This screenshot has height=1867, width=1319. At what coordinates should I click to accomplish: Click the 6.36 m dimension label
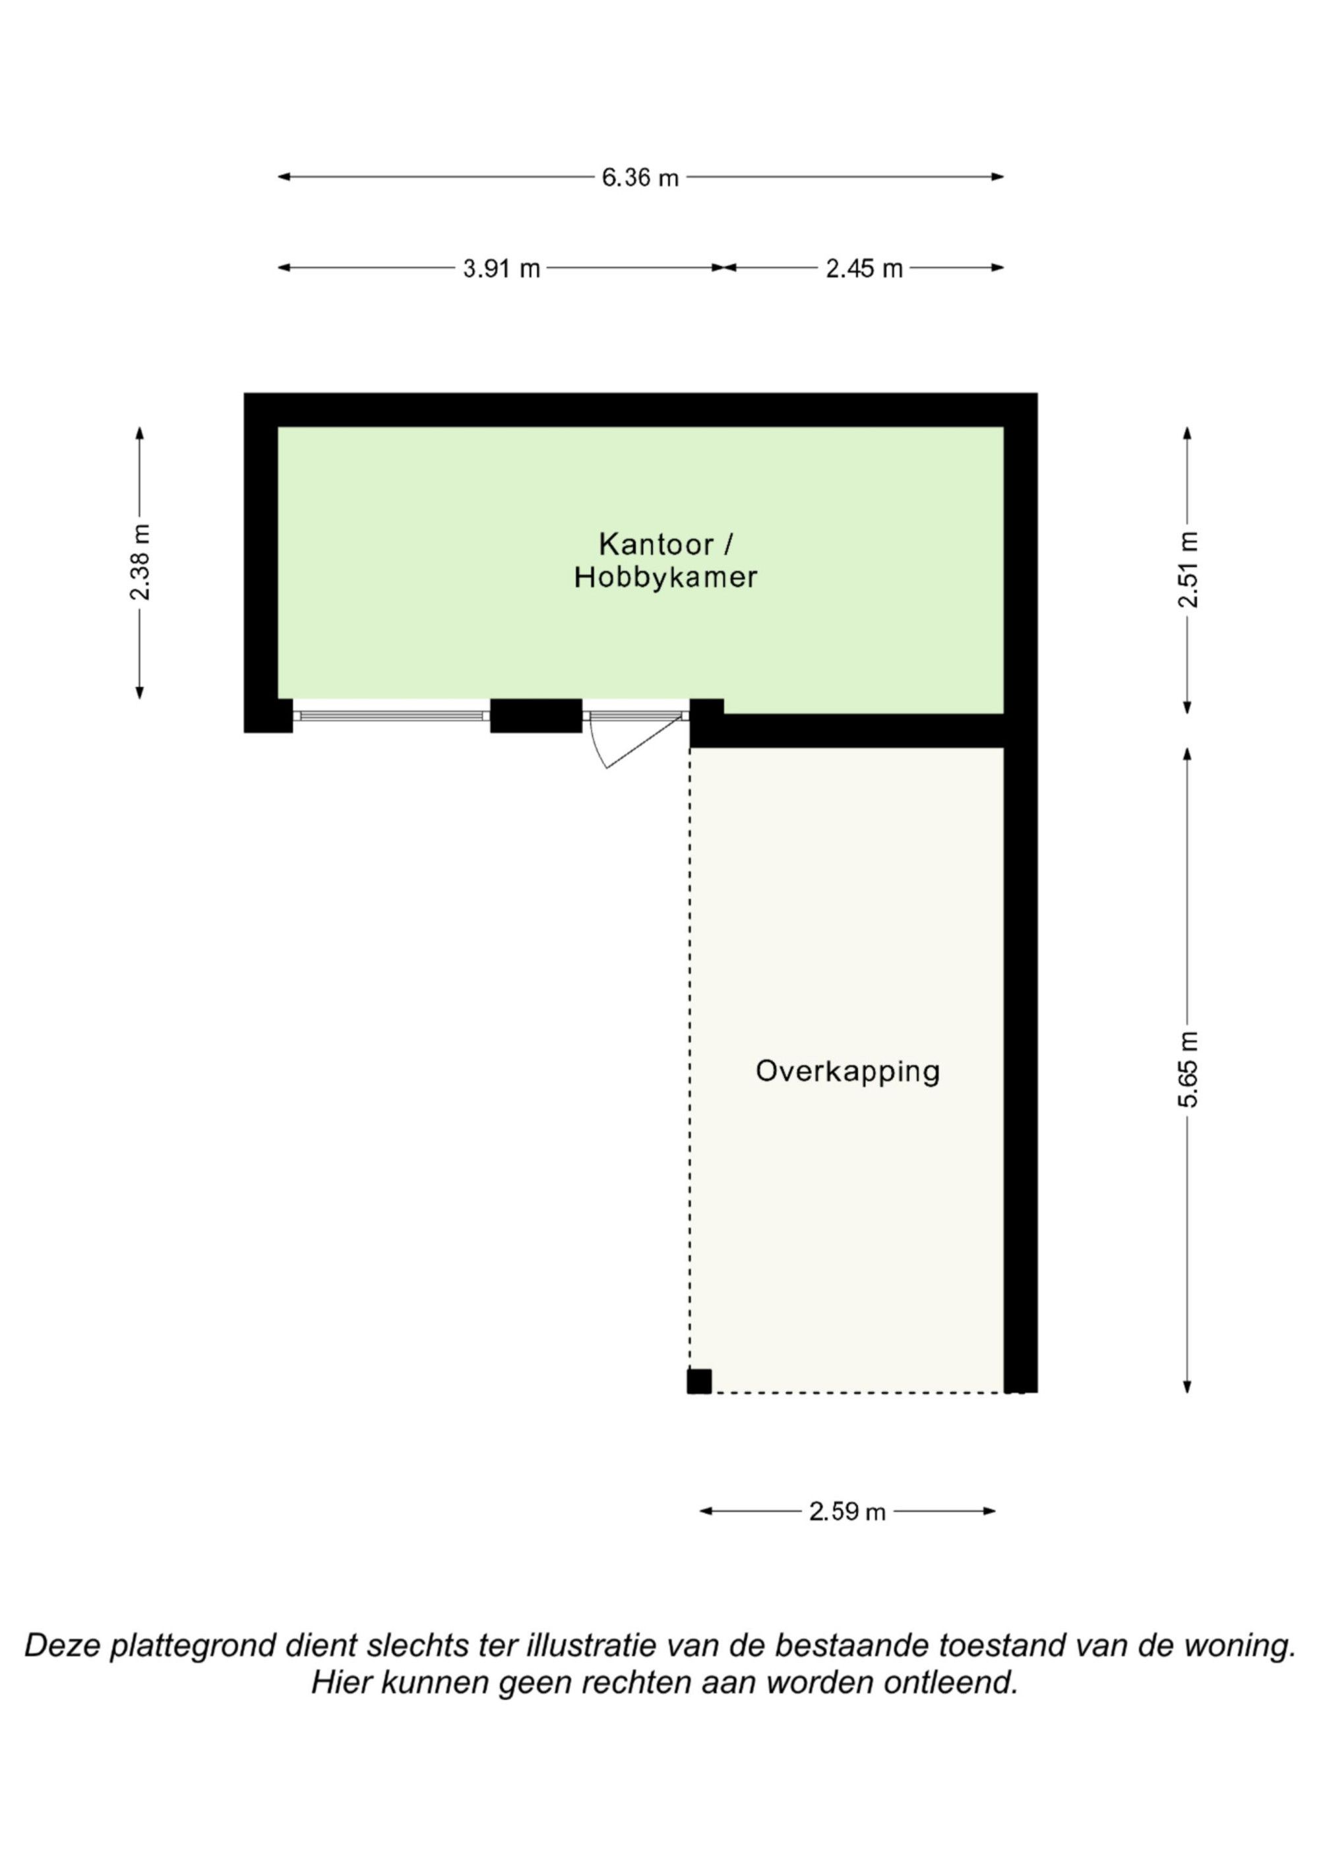tap(640, 178)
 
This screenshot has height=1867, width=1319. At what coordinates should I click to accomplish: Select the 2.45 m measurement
tap(864, 269)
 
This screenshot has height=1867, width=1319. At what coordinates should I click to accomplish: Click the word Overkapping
tap(847, 1072)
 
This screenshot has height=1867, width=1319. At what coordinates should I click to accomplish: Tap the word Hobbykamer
tap(665, 577)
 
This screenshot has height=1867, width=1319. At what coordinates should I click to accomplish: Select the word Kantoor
tap(656, 543)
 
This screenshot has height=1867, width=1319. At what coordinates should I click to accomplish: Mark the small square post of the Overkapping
tap(699, 1381)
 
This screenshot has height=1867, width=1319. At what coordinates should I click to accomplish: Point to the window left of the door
tap(392, 715)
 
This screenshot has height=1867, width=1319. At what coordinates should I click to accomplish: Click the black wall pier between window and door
tap(536, 715)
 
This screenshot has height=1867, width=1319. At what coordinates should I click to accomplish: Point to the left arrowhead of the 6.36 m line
tap(284, 176)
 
